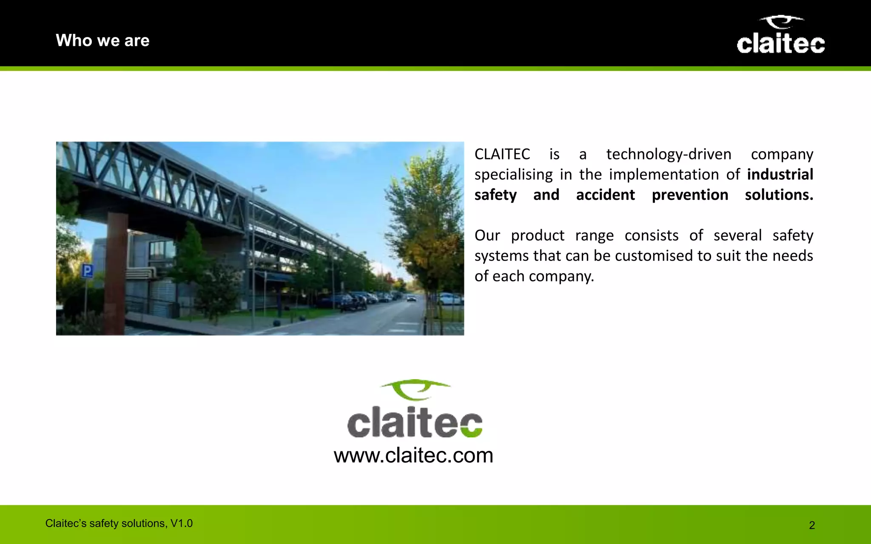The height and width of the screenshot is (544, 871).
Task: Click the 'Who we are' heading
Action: point(102,41)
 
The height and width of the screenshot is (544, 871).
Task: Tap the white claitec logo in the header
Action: point(780,36)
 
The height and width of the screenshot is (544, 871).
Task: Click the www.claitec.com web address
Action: point(413,455)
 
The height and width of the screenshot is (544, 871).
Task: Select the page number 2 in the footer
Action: point(811,525)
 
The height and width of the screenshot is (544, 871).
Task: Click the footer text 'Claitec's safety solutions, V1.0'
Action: point(119,523)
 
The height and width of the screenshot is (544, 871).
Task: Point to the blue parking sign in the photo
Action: point(87,271)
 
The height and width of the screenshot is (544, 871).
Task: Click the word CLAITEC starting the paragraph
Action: point(502,154)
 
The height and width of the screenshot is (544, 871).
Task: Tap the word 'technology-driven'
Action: point(669,154)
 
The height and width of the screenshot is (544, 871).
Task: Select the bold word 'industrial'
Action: point(780,175)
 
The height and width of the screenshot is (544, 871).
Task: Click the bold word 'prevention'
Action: point(690,195)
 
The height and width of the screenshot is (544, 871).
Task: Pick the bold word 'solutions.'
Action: point(779,195)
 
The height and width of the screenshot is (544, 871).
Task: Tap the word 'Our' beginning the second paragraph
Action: point(487,235)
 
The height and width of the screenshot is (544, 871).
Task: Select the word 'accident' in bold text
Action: point(605,195)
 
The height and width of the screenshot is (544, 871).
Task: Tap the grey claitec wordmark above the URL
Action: point(415,422)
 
